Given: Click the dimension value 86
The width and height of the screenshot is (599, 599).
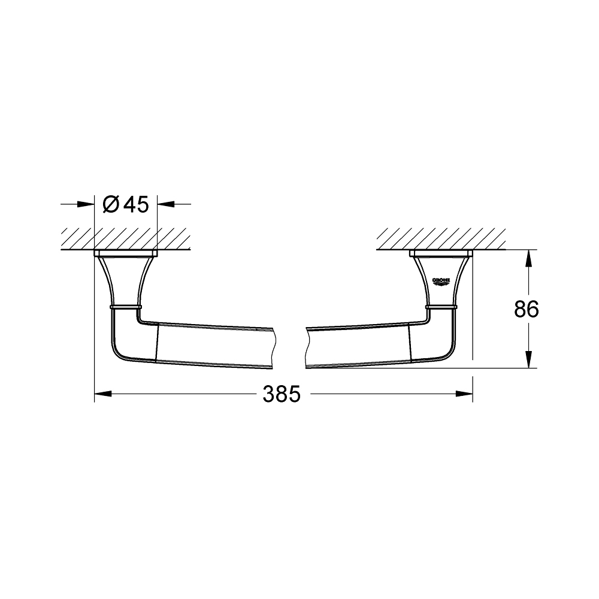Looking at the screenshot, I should [527, 309].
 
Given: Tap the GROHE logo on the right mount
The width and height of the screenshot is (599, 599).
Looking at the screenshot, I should [441, 280].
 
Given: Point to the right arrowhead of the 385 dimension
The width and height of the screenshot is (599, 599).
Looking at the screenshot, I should [465, 394].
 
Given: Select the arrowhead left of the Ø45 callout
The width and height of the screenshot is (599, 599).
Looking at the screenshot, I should [87, 205].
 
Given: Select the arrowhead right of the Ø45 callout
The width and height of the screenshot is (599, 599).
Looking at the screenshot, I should [165, 205].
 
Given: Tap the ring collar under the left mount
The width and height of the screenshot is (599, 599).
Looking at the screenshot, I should [126, 306].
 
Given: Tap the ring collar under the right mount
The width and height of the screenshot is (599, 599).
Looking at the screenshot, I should [442, 307].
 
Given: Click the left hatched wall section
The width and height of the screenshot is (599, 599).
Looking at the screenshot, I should [126, 238].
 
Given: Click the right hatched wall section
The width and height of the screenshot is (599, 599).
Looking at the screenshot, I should [441, 238].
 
